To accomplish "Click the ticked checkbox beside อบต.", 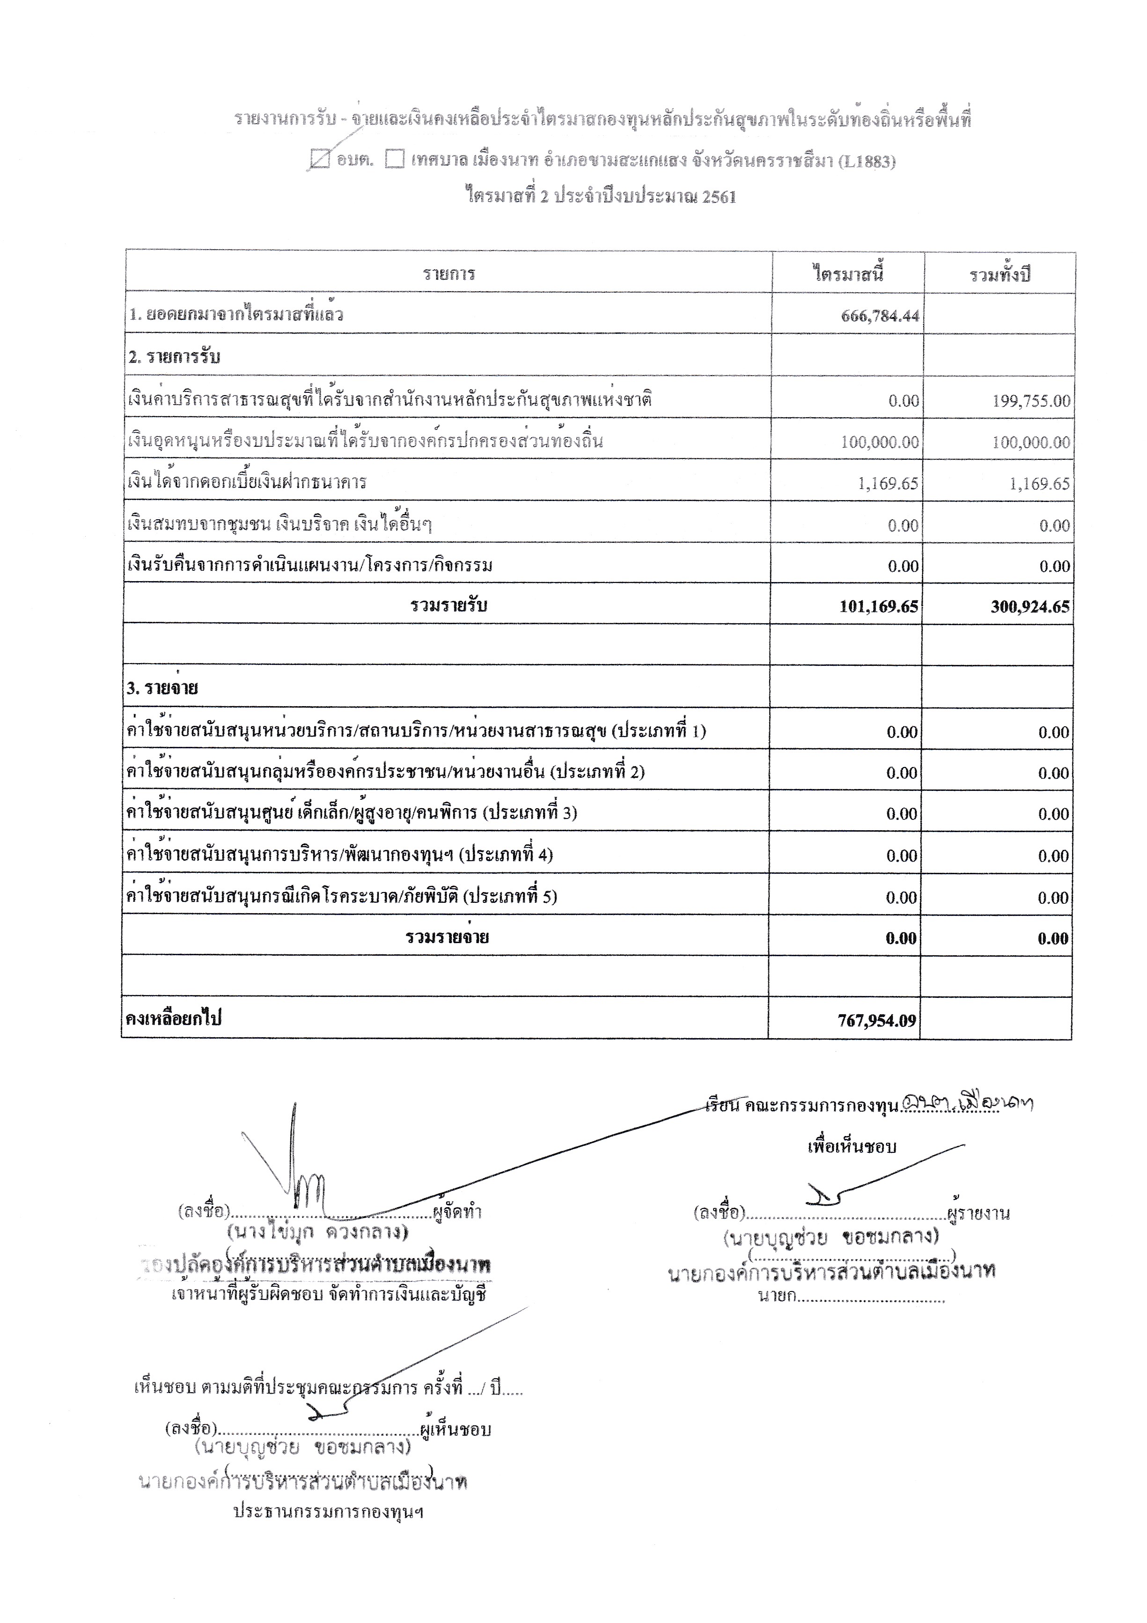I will click(x=321, y=161).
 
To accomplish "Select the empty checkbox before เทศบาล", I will click(x=394, y=161).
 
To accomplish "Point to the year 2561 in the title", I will click(x=719, y=197).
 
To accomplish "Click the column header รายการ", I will click(x=449, y=273).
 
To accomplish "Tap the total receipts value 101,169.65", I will click(x=878, y=606).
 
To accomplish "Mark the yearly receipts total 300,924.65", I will click(x=1029, y=606).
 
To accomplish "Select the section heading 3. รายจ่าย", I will click(x=162, y=688).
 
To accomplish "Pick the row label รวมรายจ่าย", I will click(x=448, y=937).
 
